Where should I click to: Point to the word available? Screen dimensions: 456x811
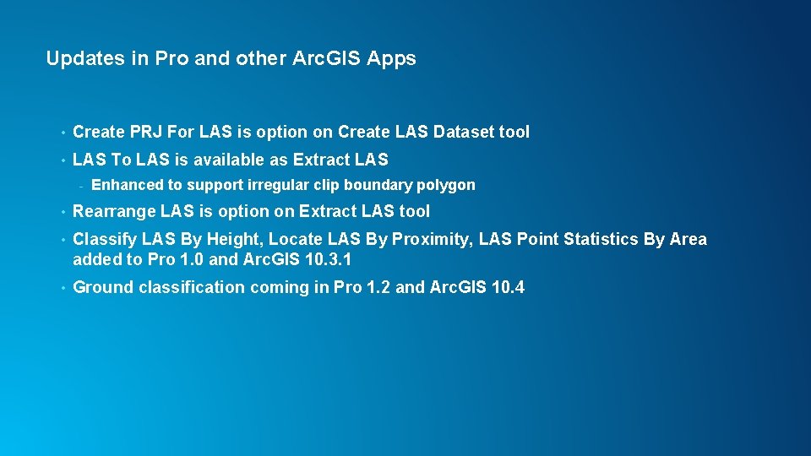(x=229, y=159)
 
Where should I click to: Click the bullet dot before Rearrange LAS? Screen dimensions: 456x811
(x=63, y=212)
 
